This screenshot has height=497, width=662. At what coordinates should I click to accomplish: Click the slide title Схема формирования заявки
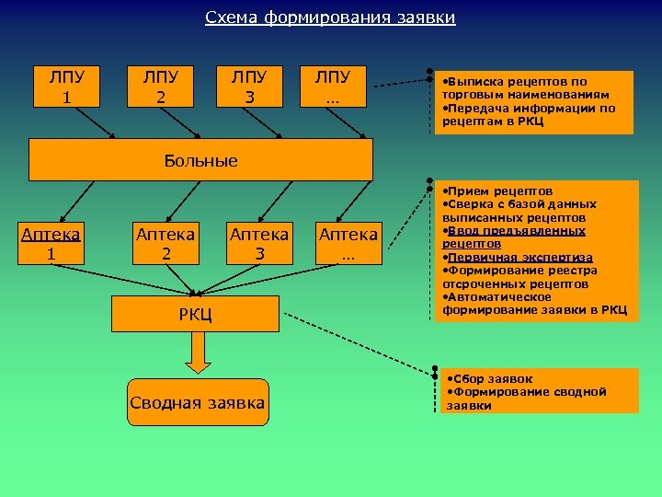point(330,18)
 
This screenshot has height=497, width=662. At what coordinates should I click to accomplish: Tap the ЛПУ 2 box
point(160,85)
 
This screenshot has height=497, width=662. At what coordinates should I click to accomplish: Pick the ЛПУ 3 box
point(249,85)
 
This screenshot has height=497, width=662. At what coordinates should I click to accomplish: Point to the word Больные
point(200,161)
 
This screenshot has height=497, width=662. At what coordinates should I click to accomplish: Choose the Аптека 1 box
point(51,243)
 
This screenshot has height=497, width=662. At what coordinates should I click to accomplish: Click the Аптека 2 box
point(165,243)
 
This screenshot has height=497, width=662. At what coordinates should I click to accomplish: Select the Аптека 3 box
point(258,243)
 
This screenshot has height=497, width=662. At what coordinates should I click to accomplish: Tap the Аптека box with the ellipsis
point(348,243)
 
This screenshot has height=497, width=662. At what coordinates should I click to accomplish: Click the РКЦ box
point(196,314)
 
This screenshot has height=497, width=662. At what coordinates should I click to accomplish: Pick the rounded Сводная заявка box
point(198,402)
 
